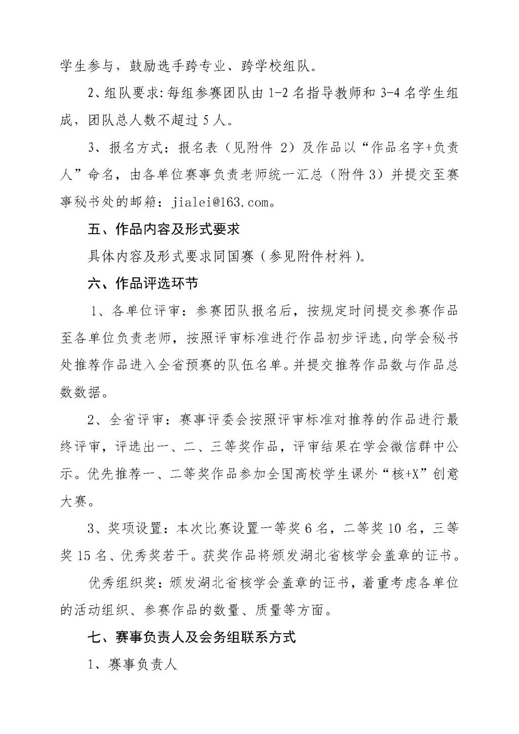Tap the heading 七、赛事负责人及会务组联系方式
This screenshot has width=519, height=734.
pos(191,637)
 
